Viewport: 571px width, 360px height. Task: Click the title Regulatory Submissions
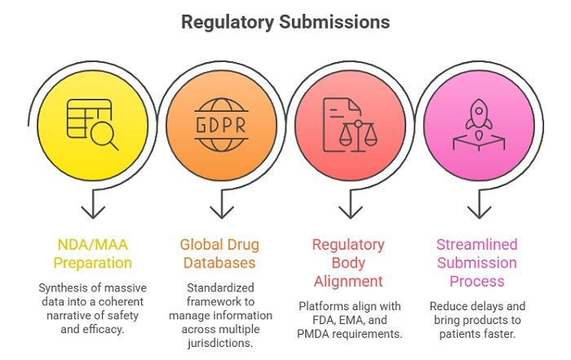point(285,21)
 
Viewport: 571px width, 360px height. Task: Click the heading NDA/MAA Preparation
point(93,253)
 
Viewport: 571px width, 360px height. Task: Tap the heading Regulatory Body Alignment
point(349,262)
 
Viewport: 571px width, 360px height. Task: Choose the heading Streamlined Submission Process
point(477,262)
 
